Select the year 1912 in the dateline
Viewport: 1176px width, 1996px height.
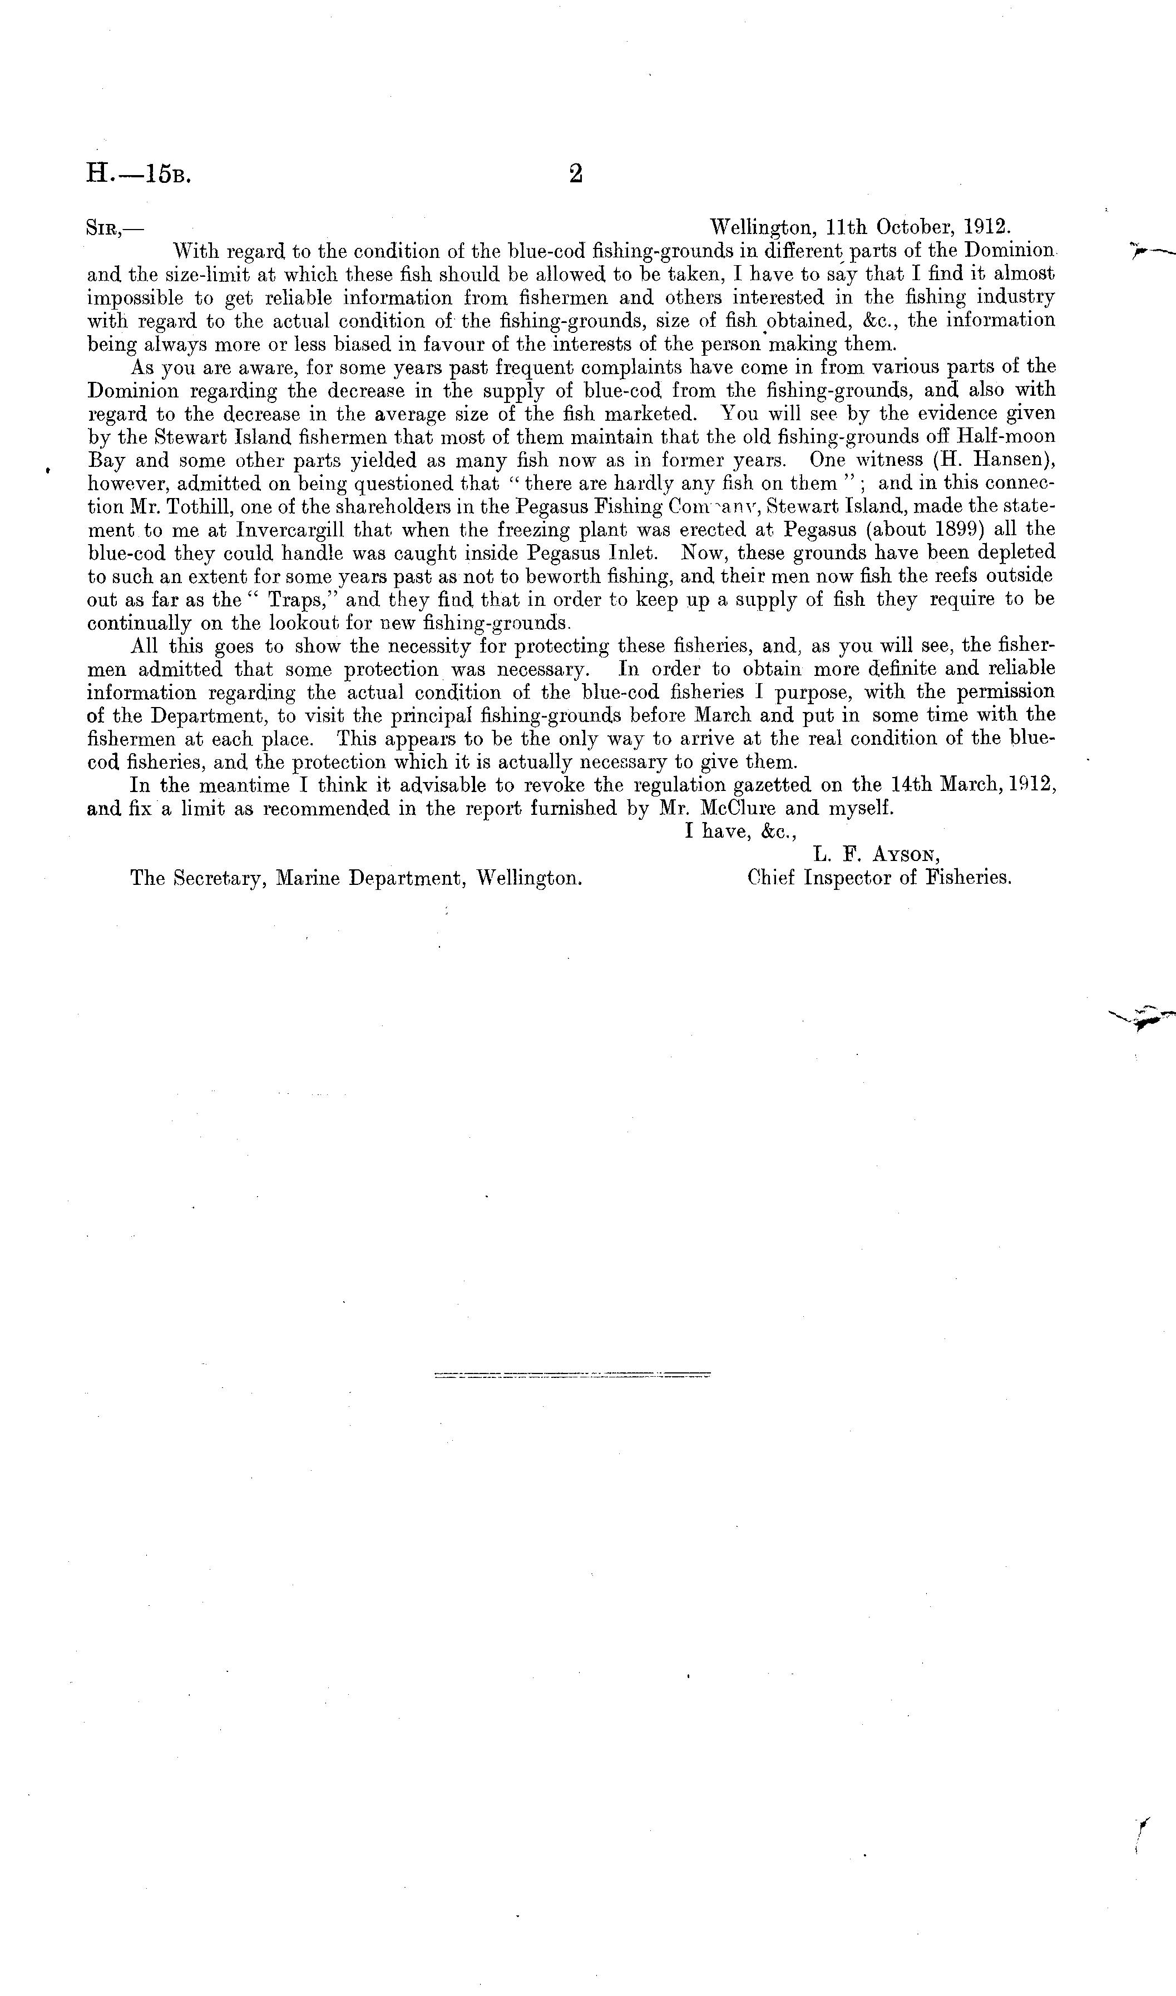pyautogui.click(x=987, y=227)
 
